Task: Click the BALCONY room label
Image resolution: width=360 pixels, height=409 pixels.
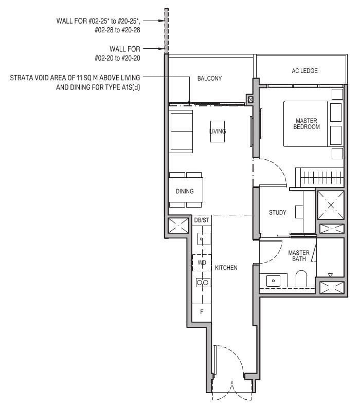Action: (209, 78)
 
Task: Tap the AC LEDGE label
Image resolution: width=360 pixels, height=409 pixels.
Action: (304, 71)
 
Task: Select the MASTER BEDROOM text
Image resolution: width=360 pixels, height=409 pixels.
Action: (307, 123)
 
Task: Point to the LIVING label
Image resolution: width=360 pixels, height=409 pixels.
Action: (218, 132)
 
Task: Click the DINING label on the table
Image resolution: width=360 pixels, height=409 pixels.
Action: (185, 191)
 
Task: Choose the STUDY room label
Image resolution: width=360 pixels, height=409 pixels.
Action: (278, 213)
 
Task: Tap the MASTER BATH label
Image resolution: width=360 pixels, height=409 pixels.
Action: (298, 255)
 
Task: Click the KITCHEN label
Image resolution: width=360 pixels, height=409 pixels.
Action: (226, 268)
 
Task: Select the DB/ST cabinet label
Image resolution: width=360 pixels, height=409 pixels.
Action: (202, 220)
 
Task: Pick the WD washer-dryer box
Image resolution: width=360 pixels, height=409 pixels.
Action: (202, 263)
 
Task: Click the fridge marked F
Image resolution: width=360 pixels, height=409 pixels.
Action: (202, 311)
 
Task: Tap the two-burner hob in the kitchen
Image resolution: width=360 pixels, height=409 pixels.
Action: (202, 282)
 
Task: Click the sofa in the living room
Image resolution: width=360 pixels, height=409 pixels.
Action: (180, 131)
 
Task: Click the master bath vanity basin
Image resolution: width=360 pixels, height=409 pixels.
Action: (273, 280)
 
